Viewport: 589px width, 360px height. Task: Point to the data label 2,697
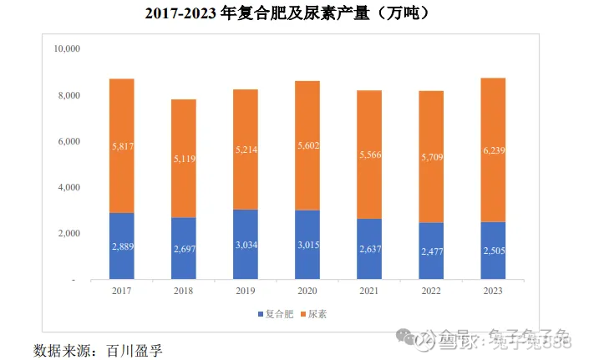pos(184,249)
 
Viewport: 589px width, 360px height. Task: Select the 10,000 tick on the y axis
pos(65,49)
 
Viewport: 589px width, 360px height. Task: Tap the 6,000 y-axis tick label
pos(68,141)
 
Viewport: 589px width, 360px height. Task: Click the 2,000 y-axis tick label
pos(68,234)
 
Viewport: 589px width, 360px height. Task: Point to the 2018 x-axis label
pos(184,290)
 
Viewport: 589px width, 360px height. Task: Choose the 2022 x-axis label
pos(430,290)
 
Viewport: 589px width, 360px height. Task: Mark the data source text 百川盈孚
pos(134,347)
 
